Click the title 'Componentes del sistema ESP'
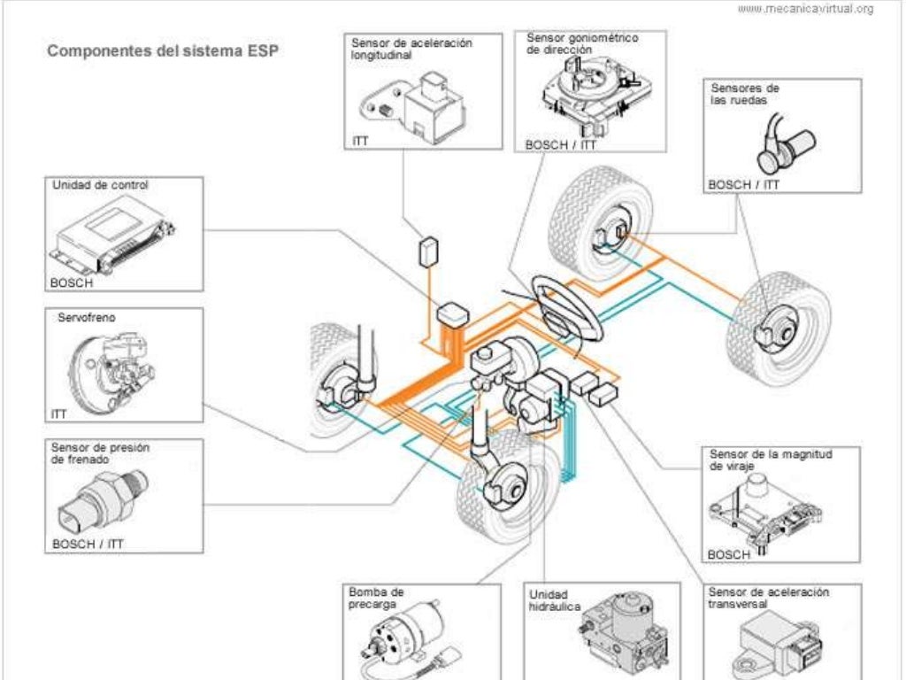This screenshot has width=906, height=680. pos(162,50)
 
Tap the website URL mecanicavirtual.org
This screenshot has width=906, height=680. pos(804,9)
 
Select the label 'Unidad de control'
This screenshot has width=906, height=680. pos(100,186)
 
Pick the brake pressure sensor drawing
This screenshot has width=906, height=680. pos(109,496)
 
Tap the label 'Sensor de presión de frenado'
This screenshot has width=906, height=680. pos(100,453)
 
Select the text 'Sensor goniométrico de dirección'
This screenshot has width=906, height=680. pos(582,44)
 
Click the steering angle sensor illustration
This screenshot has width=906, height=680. pos(589,97)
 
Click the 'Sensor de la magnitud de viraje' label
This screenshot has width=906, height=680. pos(771,459)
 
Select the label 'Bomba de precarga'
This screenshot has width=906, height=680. pos(376,598)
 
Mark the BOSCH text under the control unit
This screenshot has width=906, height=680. pos(73,282)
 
